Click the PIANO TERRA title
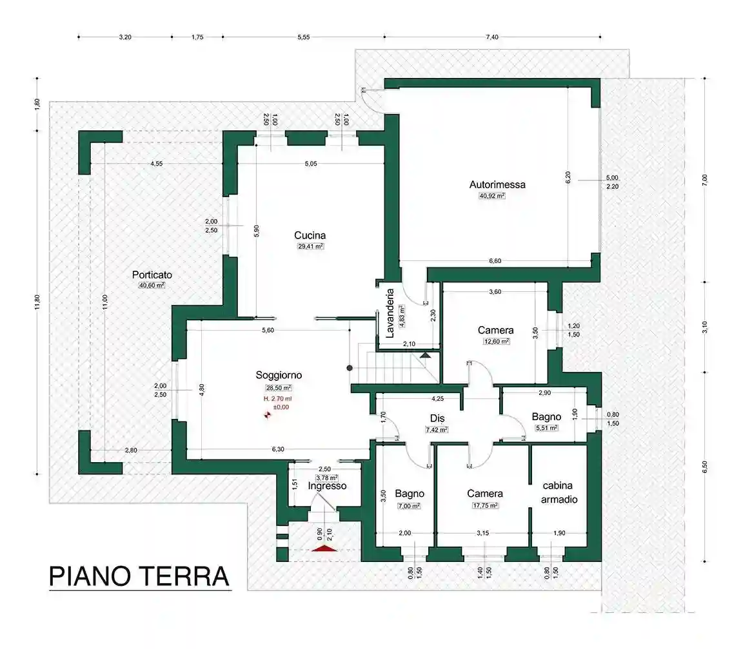coord(139,576)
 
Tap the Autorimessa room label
coord(497,184)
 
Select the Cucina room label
coord(310,235)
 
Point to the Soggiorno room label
coord(279,375)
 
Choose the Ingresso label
coord(327,486)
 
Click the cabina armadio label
coord(559,492)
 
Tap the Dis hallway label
coord(437,418)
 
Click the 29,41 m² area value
coord(310,246)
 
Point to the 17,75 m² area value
coord(484,506)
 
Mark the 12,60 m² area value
coord(496,342)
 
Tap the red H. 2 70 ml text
coord(277,399)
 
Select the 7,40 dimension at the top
coord(491,37)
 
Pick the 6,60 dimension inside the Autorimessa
coord(495,261)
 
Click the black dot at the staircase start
coord(350,368)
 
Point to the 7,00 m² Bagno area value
coord(408,506)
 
